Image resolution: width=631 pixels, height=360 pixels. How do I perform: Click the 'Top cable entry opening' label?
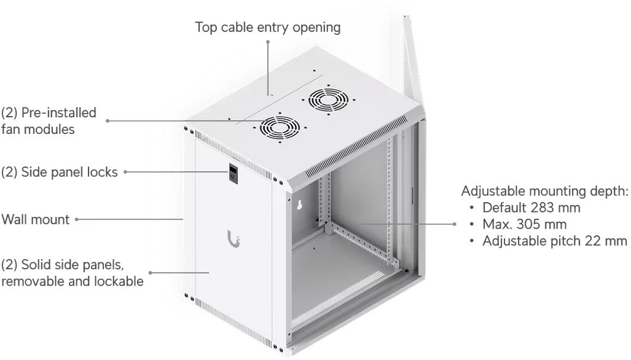[x=268, y=28]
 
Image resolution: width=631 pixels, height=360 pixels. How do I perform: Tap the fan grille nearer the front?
[x=280, y=128]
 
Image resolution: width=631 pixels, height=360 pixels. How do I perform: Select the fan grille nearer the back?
[x=328, y=100]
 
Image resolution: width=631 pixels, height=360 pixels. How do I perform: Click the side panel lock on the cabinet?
[x=233, y=174]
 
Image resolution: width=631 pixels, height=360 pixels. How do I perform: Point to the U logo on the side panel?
[x=234, y=240]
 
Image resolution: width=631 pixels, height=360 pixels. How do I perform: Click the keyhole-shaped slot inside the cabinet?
[x=300, y=205]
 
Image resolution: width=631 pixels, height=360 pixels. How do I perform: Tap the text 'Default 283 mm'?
[x=531, y=208]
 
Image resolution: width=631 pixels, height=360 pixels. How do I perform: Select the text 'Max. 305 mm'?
[x=524, y=224]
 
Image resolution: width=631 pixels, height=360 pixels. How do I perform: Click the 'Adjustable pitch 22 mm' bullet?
[x=555, y=241]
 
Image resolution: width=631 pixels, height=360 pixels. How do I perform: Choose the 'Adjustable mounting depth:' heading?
[x=544, y=191]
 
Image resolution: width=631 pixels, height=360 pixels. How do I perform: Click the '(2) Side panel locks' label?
[x=59, y=172]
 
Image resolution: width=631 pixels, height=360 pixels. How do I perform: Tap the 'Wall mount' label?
[x=36, y=219]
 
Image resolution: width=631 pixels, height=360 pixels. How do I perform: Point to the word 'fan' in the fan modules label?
[x=10, y=129]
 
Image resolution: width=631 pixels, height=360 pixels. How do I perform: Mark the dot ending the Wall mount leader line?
[x=76, y=219]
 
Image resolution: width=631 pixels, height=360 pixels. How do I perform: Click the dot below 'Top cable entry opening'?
[x=268, y=41]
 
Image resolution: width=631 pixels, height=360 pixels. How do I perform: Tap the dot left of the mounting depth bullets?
[x=454, y=224]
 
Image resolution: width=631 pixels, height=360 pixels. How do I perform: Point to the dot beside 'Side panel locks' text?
[x=125, y=172]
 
